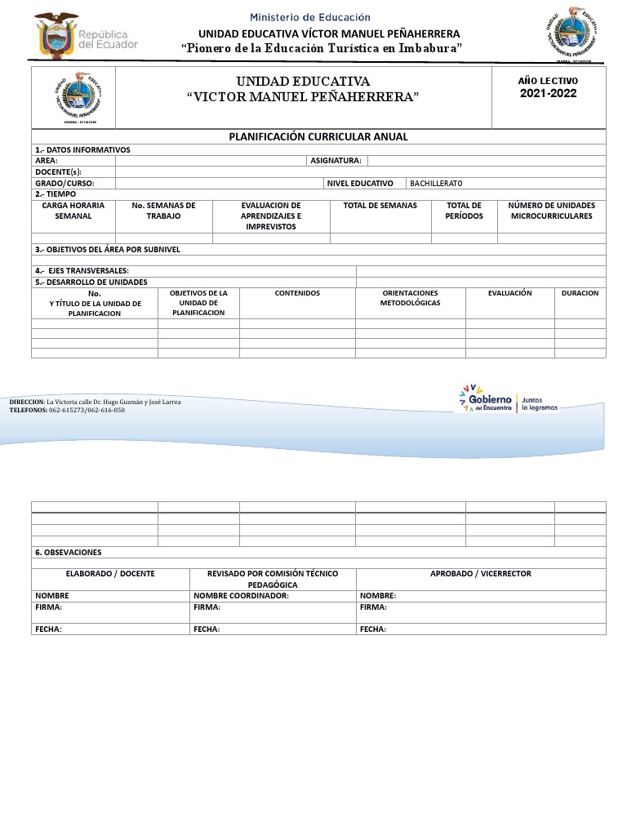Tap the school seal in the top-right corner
(576, 33)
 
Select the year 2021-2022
(549, 93)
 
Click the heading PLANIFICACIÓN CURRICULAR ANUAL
(318, 136)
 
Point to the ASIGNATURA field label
(336, 161)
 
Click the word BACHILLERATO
(436, 184)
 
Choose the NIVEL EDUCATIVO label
(360, 184)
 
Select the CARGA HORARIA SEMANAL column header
(73, 211)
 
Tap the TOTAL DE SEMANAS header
(380, 206)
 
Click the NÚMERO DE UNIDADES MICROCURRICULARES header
(551, 211)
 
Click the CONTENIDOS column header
(297, 292)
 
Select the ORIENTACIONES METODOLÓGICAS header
(410, 297)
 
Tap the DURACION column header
(580, 292)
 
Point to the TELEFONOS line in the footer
(67, 410)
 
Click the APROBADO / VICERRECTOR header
(481, 573)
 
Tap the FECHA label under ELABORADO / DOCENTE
(48, 629)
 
